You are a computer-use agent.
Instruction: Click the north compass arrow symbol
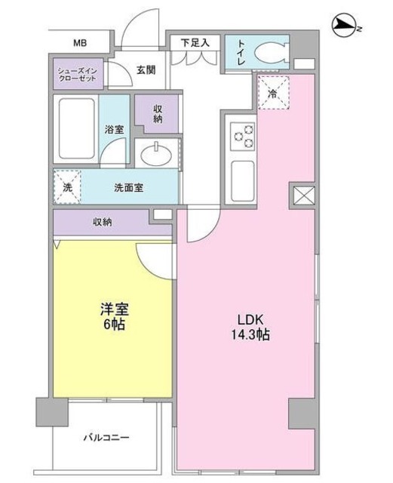point(345,27)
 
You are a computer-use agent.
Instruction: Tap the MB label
point(79,43)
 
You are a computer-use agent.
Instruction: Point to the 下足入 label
point(194,42)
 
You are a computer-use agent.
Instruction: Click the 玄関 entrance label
point(146,71)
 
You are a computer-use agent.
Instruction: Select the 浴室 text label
point(115,130)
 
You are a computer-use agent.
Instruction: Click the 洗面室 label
point(128,187)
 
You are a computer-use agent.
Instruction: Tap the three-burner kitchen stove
point(244,136)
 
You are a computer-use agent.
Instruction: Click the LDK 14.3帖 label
point(253,325)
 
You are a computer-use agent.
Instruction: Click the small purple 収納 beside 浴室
point(158,113)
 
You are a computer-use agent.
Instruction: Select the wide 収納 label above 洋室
point(104,221)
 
